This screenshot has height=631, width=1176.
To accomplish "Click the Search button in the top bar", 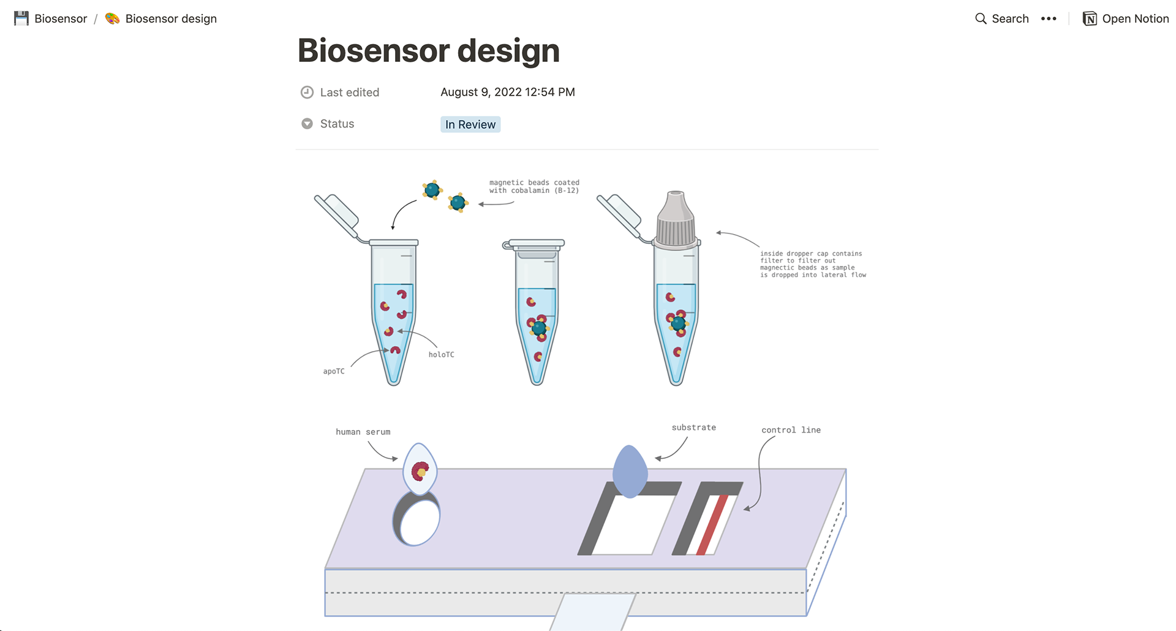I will coord(1001,18).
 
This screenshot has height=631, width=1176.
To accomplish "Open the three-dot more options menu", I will coord(1049,18).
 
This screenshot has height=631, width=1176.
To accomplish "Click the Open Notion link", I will coord(1126,18).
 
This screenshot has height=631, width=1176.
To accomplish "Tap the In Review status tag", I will coord(470,124).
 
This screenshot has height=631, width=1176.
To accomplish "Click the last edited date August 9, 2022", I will coord(507,92).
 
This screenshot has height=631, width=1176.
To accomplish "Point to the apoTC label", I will coord(334,371).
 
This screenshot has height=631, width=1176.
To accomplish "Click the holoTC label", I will coord(441,355).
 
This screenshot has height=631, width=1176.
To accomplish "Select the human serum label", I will coord(363,432).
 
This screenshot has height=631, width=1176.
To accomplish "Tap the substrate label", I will coord(693,428).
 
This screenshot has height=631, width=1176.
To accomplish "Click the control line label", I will coord(791,430).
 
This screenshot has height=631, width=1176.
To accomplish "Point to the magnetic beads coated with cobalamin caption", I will coord(534,186).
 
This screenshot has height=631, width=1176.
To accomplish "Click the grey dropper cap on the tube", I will coord(676,221).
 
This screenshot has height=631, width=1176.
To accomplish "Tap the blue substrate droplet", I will coord(630,472).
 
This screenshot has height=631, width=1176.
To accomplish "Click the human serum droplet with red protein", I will coord(420,470).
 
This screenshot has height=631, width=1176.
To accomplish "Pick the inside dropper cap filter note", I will coord(813,264).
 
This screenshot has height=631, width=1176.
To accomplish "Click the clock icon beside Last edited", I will coord(307,93).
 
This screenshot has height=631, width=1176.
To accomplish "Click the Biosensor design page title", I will coord(428,51).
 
